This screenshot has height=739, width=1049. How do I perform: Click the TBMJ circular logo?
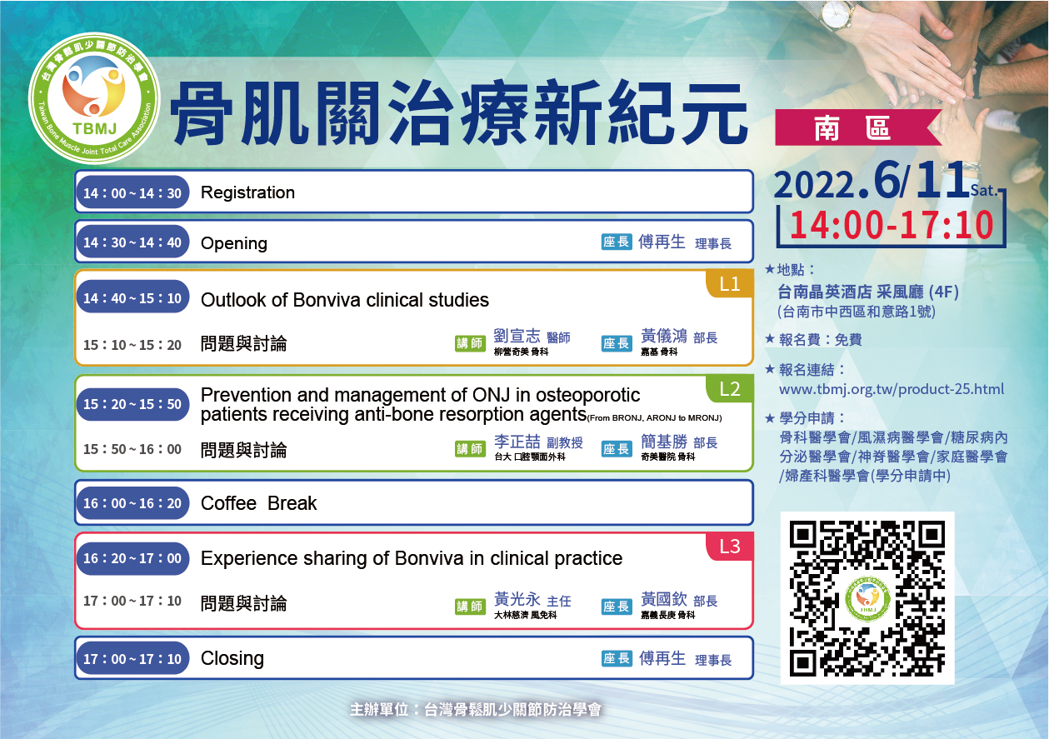tap(94, 98)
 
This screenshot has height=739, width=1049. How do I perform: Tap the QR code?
tap(867, 598)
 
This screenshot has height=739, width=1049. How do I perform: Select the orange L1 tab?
tap(730, 284)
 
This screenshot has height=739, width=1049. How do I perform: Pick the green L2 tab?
tap(730, 389)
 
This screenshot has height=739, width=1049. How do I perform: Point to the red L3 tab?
tap(730, 547)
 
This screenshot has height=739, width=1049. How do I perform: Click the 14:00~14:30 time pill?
tap(132, 192)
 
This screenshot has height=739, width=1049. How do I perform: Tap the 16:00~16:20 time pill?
tap(132, 503)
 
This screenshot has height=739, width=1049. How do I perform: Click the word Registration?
tap(247, 192)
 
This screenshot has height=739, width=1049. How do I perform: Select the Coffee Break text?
tap(258, 503)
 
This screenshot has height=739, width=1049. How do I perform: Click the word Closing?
tap(232, 658)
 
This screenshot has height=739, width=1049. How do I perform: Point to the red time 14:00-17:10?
tap(892, 225)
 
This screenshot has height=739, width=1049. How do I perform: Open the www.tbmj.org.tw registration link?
tap(892, 389)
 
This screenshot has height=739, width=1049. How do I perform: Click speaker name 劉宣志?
tap(517, 336)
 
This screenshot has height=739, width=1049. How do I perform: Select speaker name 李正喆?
tap(517, 442)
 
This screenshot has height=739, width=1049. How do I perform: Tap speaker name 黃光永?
tap(517, 599)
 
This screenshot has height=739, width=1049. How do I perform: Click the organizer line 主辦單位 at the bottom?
tap(475, 710)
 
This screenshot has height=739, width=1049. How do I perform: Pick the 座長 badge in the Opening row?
tap(617, 242)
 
